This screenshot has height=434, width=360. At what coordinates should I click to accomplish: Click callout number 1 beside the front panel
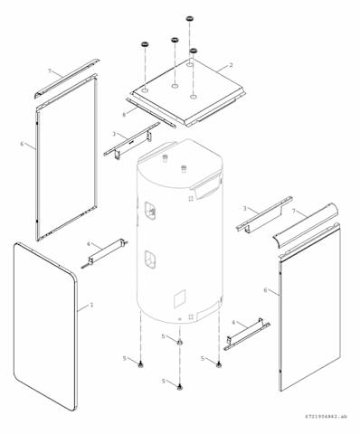coord(91,305)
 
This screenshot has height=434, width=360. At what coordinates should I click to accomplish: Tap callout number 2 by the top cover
coord(231,65)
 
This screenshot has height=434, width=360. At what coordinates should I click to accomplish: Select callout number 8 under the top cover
coord(124,114)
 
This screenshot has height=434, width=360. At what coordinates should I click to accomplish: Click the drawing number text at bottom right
coord(326,417)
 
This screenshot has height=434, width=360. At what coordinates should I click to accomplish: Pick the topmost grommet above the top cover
coord(190,19)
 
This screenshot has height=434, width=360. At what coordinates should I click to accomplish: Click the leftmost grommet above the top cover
coord(146,44)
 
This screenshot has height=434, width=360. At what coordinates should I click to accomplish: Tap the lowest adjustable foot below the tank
coord(180,387)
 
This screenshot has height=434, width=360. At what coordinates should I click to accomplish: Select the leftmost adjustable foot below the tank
coord(140,364)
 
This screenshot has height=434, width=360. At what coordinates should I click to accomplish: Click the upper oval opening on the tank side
coord(150,209)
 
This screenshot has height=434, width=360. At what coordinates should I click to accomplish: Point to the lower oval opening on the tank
coord(150,259)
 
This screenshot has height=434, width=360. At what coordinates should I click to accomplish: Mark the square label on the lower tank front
coord(179,298)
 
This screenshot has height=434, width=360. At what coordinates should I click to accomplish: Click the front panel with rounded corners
coord(45,326)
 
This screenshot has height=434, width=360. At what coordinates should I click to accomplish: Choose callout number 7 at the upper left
coord(50,71)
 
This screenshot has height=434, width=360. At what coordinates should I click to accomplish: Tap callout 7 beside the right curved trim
coord(294,211)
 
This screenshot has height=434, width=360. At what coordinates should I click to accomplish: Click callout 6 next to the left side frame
coord(22,144)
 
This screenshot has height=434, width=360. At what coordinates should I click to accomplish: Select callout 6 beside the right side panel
coord(265,290)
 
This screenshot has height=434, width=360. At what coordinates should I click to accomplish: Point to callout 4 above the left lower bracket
coord(89,243)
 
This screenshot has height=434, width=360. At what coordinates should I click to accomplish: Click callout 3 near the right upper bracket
coord(245,208)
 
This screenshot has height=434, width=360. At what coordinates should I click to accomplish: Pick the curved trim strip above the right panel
coord(305,225)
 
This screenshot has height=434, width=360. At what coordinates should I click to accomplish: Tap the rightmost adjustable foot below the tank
coord(218,364)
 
